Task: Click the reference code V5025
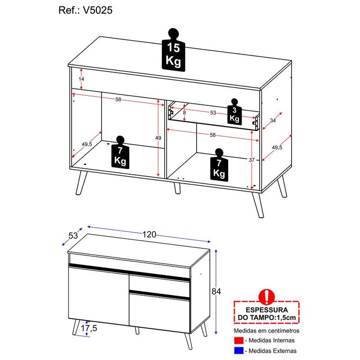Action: [97, 10]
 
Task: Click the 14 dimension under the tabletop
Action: [81, 79]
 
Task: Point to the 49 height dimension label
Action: [158, 138]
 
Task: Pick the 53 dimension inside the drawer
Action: [213, 113]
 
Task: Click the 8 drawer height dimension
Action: [184, 113]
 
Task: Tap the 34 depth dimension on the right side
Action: [273, 120]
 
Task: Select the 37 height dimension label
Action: [252, 160]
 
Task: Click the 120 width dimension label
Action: [149, 234]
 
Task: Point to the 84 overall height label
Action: [216, 291]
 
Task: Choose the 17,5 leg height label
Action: [89, 328]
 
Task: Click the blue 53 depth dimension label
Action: [73, 235]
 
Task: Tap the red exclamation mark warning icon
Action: [266, 297]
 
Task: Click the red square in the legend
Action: [239, 340]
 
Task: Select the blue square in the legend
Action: [239, 351]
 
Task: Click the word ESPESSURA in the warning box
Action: [267, 310]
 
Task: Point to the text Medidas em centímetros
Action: [266, 331]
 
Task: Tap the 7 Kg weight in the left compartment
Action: [120, 152]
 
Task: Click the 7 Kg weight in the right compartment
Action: [219, 165]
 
